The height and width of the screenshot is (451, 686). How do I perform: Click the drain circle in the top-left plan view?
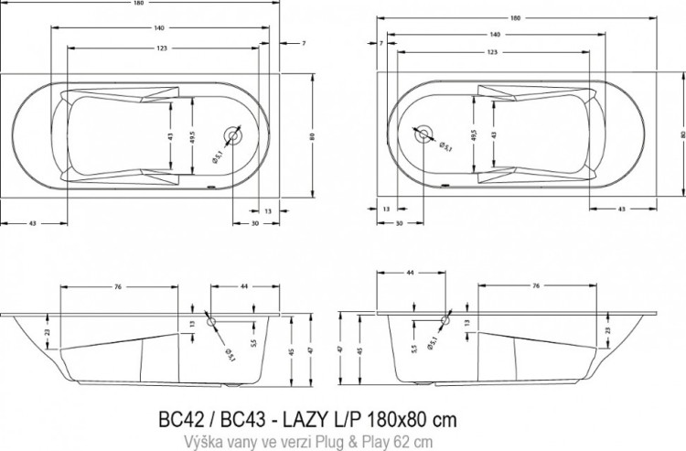[x=234, y=135]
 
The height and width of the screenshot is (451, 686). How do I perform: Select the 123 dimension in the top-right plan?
[x=492, y=53]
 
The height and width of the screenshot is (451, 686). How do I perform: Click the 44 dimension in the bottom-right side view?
[x=409, y=274]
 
